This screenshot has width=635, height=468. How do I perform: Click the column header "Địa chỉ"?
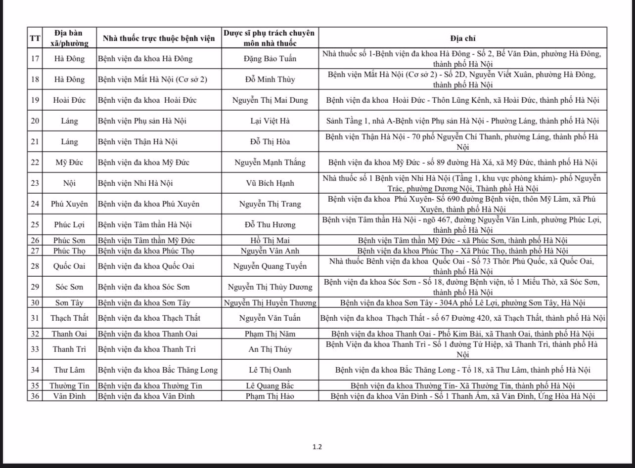[x=463, y=38]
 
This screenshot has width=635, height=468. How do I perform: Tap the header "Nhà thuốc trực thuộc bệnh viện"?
[x=159, y=38]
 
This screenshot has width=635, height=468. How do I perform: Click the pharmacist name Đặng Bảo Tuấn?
[x=270, y=59]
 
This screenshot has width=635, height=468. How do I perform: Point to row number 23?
[x=35, y=183]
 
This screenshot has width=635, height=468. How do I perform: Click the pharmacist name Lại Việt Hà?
[x=270, y=121]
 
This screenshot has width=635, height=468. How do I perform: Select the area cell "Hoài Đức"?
[x=69, y=100]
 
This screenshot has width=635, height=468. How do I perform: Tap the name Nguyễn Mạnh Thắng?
[x=270, y=163]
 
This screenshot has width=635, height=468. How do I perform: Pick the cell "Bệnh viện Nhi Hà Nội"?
[x=135, y=183]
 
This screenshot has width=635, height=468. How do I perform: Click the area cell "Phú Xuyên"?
[x=69, y=204]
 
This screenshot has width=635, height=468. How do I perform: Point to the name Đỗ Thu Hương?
[x=270, y=224]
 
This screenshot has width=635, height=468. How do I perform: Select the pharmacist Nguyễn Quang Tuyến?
[x=270, y=266]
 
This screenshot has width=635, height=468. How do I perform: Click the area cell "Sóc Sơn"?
[x=69, y=287]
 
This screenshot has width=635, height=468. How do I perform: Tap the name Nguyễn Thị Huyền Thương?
[x=270, y=303]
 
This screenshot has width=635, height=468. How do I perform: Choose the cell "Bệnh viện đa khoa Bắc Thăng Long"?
[x=157, y=370]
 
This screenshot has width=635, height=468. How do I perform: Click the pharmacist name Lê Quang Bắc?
[x=270, y=385]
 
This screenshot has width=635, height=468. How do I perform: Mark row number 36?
[x=35, y=396]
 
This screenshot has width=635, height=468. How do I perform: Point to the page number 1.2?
[x=317, y=447]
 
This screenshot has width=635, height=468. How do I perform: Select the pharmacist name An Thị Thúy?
[x=270, y=349]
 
